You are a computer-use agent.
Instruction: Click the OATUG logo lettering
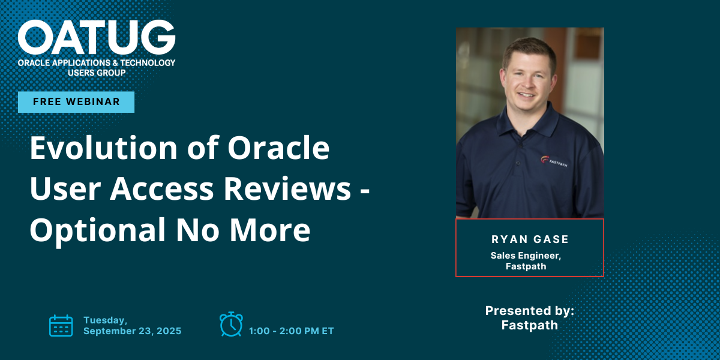97,37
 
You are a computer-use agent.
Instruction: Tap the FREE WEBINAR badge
76,102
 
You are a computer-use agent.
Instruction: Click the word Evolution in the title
103,148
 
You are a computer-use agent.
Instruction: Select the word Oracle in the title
278,148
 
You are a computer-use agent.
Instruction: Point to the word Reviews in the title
287,188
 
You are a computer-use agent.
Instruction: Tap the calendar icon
61,326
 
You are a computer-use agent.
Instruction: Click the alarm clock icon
231,324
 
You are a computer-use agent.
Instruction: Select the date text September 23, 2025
133,331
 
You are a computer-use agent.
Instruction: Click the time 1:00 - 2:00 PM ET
291,331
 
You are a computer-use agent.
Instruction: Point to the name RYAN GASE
530,239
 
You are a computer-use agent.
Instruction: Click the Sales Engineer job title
526,256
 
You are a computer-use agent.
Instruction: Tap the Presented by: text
530,311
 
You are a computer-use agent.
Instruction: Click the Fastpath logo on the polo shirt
554,161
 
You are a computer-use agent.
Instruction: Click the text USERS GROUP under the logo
97,73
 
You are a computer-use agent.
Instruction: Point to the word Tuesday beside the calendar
106,320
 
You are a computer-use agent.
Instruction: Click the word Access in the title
161,188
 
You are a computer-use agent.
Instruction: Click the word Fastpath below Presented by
530,325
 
